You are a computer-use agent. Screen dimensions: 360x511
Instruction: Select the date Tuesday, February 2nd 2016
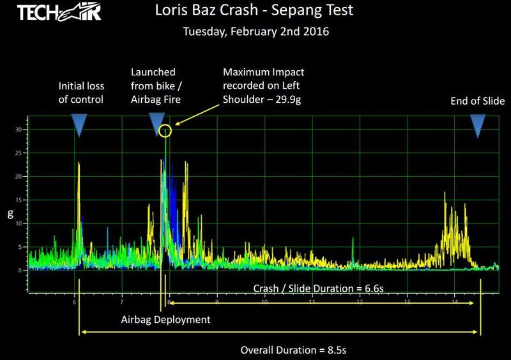256,31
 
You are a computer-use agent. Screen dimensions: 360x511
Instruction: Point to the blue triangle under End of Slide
478,124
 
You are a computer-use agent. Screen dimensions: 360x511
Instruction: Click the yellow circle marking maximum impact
165,131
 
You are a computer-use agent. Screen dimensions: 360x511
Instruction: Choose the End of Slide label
478,101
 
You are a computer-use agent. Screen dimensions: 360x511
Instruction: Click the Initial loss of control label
81,93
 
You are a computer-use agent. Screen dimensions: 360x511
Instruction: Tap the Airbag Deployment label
165,319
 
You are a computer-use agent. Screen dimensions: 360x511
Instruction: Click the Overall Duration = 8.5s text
293,350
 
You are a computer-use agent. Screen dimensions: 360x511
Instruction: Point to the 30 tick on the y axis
20,129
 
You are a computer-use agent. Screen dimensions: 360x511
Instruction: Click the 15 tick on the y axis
20,200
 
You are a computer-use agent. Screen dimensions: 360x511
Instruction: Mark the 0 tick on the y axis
21,270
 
